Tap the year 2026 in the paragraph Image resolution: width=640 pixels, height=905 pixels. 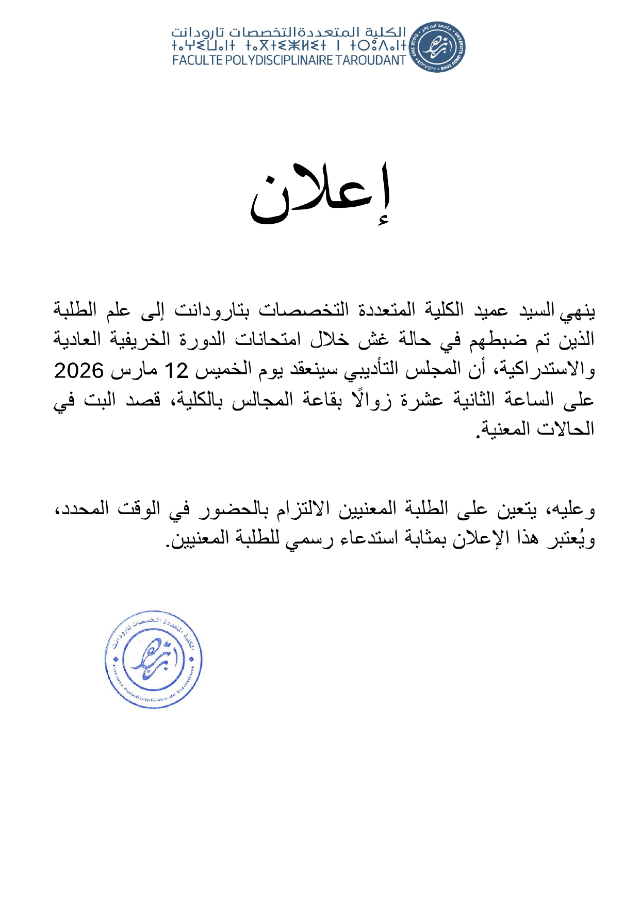[x=79, y=370]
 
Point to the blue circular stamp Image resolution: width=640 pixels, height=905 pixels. [x=153, y=659]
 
